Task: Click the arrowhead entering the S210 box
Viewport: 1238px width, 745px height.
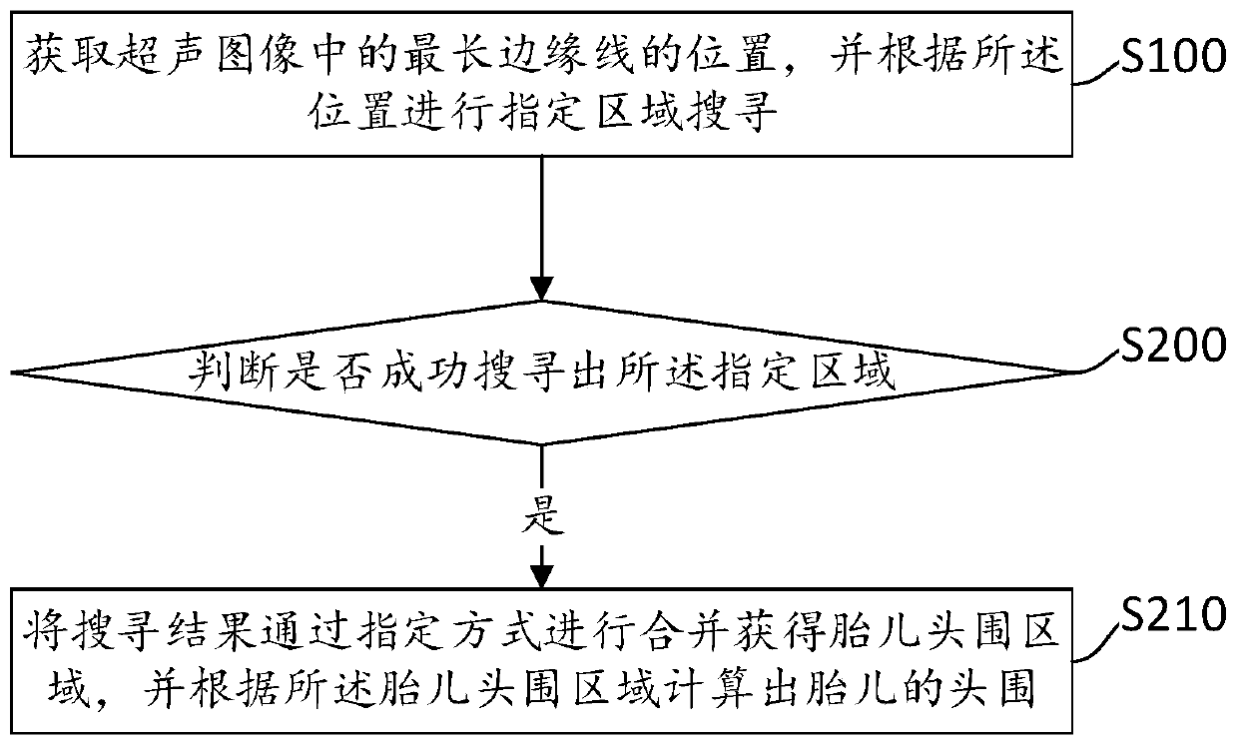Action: point(541,577)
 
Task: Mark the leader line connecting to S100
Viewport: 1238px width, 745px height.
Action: point(1101,76)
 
